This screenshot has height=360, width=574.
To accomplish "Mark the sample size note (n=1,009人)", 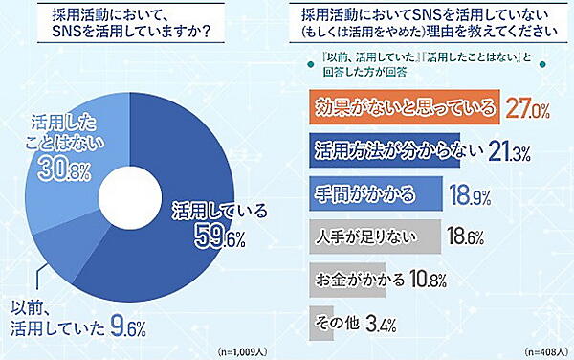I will pos(246,349).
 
